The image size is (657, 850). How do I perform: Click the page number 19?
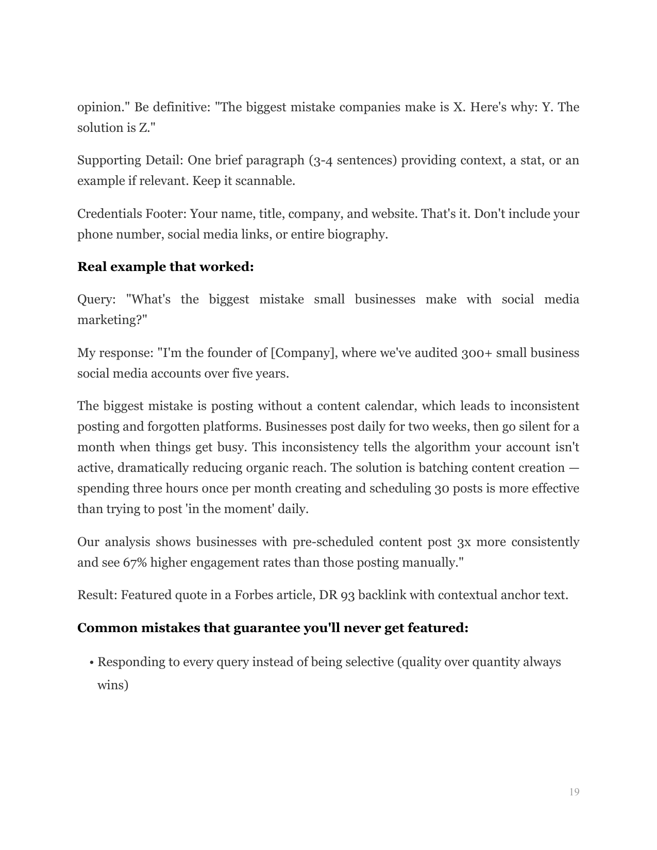pyautogui.click(x=574, y=792)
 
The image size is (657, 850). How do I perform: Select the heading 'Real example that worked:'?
pyautogui.click(x=165, y=267)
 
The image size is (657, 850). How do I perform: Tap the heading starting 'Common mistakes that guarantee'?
pyautogui.click(x=273, y=628)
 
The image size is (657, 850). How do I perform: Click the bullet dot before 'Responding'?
pyautogui.click(x=91, y=662)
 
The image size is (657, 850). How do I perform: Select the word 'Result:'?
pyautogui.click(x=97, y=595)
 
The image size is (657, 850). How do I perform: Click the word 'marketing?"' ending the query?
pyautogui.click(x=112, y=320)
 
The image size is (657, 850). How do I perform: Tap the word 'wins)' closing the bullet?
pyautogui.click(x=113, y=685)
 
